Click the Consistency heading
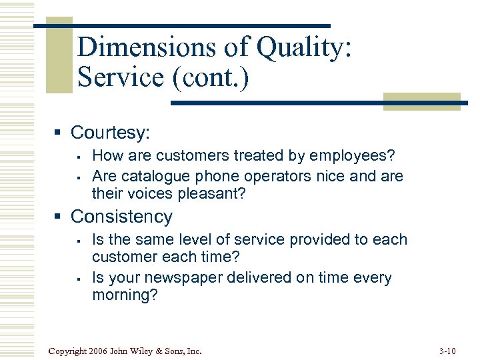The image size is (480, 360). pyautogui.click(x=121, y=217)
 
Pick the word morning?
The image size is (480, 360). pyautogui.click(x=125, y=295)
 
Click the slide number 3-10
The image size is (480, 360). pyautogui.click(x=449, y=351)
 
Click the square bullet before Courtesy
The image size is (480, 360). pyautogui.click(x=61, y=132)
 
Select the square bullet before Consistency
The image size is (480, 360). pyautogui.click(x=61, y=217)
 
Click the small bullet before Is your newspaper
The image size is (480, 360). pyautogui.click(x=79, y=278)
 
